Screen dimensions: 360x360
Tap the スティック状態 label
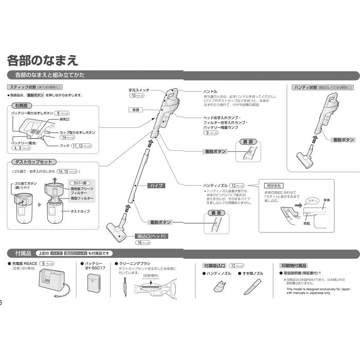pyautogui.click(x=21, y=87)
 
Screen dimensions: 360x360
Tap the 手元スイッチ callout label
pyautogui.click(x=139, y=91)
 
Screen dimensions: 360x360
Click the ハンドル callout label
pyautogui.click(x=211, y=91)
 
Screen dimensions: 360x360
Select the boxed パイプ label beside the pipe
pyautogui.click(x=156, y=185)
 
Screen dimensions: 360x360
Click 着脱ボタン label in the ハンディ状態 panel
pyautogui.click(x=343, y=139)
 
